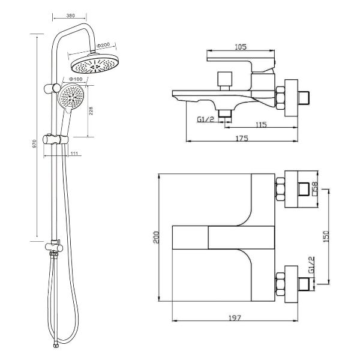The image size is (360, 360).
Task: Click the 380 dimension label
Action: click(70, 16)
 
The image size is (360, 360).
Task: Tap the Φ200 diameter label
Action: click(103, 45)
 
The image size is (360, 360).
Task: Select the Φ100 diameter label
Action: click(76, 79)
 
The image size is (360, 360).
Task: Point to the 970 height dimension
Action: click(35, 143)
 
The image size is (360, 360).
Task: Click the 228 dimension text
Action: click(91, 110)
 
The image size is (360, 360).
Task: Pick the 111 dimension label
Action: click(74, 154)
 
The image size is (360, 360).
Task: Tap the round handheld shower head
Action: click(71, 97)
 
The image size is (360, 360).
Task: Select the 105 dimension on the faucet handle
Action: click(241, 47)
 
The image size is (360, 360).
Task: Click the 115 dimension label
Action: click(262, 125)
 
